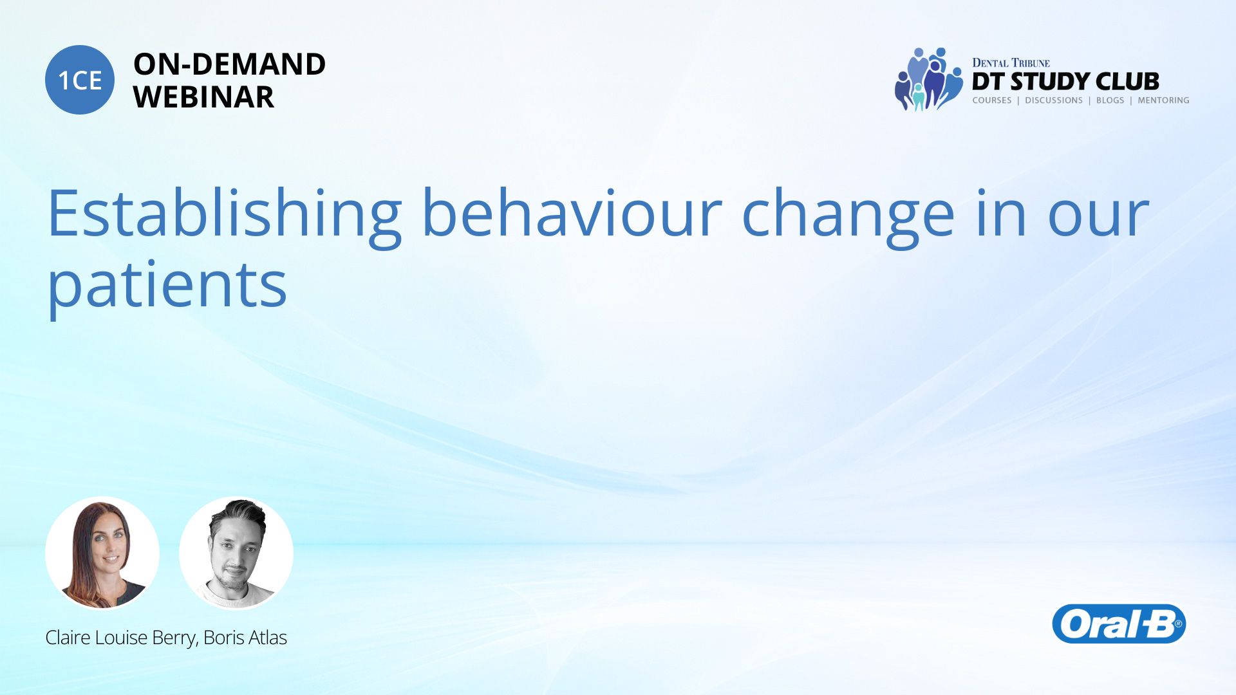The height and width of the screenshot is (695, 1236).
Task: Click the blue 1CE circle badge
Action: point(80,80)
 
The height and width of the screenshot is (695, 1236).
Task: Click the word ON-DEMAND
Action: point(229,64)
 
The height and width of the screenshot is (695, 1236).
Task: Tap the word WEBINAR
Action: point(203,97)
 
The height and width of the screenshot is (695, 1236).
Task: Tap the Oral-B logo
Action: point(1119,624)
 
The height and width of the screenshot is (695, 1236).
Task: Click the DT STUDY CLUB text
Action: point(1065,82)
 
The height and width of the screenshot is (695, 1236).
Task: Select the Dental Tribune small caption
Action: point(1011,63)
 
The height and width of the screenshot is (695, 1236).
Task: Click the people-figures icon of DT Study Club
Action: point(928,79)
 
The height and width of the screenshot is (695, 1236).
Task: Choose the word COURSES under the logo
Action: point(992,100)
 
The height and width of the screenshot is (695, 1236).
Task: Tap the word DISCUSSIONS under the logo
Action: point(1054,100)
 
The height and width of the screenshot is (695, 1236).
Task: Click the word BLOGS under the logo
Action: point(1110,100)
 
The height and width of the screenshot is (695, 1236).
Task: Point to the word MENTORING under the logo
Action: point(1163,100)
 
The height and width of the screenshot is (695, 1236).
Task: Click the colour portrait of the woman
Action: point(102,553)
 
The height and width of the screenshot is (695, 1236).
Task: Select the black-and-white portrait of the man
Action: point(236,553)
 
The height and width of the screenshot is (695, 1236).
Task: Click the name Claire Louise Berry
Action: point(120,638)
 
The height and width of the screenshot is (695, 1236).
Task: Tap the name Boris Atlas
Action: point(245,637)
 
